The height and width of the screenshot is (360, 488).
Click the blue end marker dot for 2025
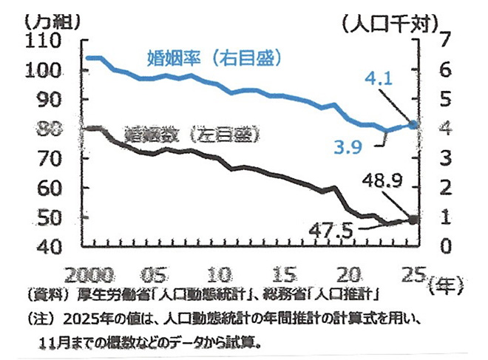click(x=413, y=125)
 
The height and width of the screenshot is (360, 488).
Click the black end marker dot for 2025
click(x=413, y=220)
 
